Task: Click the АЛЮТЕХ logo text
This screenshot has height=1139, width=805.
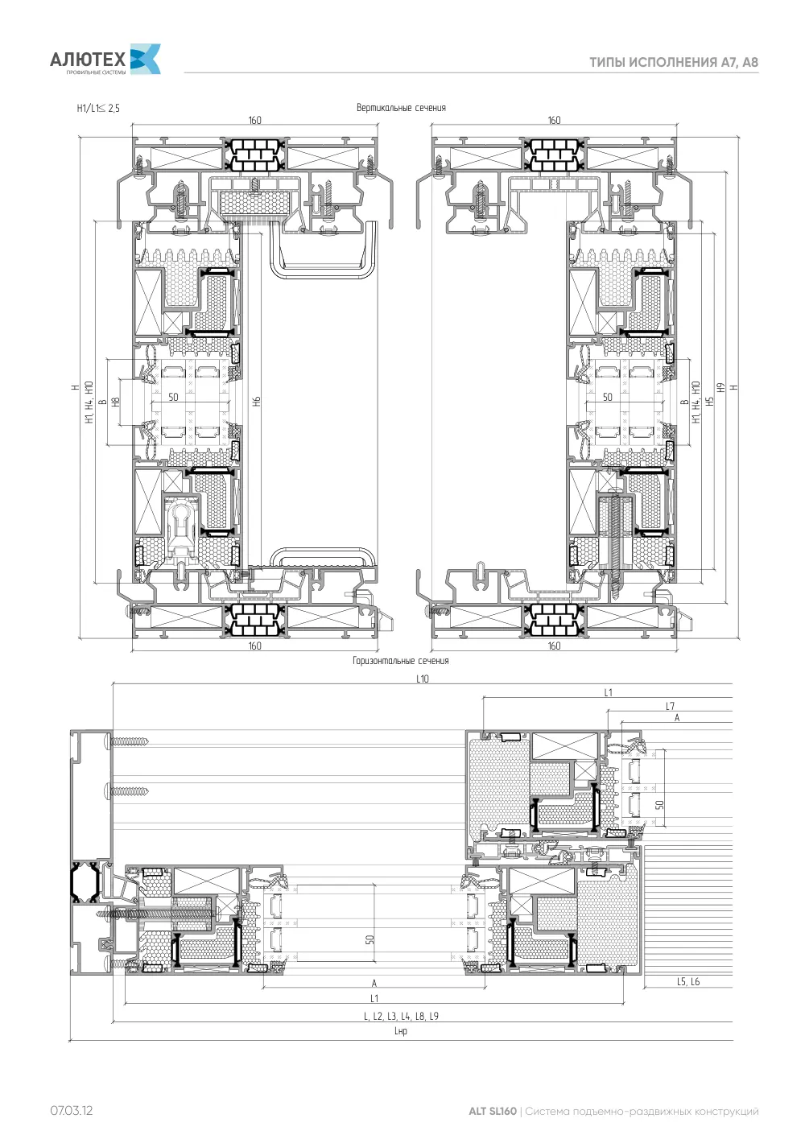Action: (x=88, y=60)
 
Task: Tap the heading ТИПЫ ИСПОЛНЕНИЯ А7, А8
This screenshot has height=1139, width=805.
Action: (x=674, y=62)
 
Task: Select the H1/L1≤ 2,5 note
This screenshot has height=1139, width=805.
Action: (x=98, y=108)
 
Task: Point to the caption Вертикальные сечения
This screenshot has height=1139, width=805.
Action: (x=401, y=108)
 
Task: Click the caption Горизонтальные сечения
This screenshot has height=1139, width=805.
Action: (x=401, y=661)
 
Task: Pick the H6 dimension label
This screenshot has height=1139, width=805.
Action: (x=257, y=401)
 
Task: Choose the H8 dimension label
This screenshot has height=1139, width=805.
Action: (x=115, y=402)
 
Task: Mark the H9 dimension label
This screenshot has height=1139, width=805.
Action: (x=720, y=387)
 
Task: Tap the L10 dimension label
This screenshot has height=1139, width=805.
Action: (x=423, y=679)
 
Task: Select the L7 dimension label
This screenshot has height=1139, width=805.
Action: (x=671, y=706)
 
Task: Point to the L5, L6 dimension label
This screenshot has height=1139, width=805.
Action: (x=688, y=981)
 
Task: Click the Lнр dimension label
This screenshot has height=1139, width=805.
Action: (x=401, y=1030)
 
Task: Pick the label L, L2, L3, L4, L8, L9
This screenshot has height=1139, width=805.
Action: (x=401, y=1016)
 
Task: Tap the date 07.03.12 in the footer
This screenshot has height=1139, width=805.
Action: (x=71, y=1110)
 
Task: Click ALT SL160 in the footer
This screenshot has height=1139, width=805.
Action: (x=492, y=1111)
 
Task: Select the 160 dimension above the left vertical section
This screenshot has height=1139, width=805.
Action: (x=254, y=120)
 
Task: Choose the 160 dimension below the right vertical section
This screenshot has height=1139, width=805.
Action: (x=555, y=646)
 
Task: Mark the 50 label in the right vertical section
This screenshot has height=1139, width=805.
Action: (x=607, y=397)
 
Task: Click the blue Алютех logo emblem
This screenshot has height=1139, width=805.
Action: (x=146, y=59)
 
